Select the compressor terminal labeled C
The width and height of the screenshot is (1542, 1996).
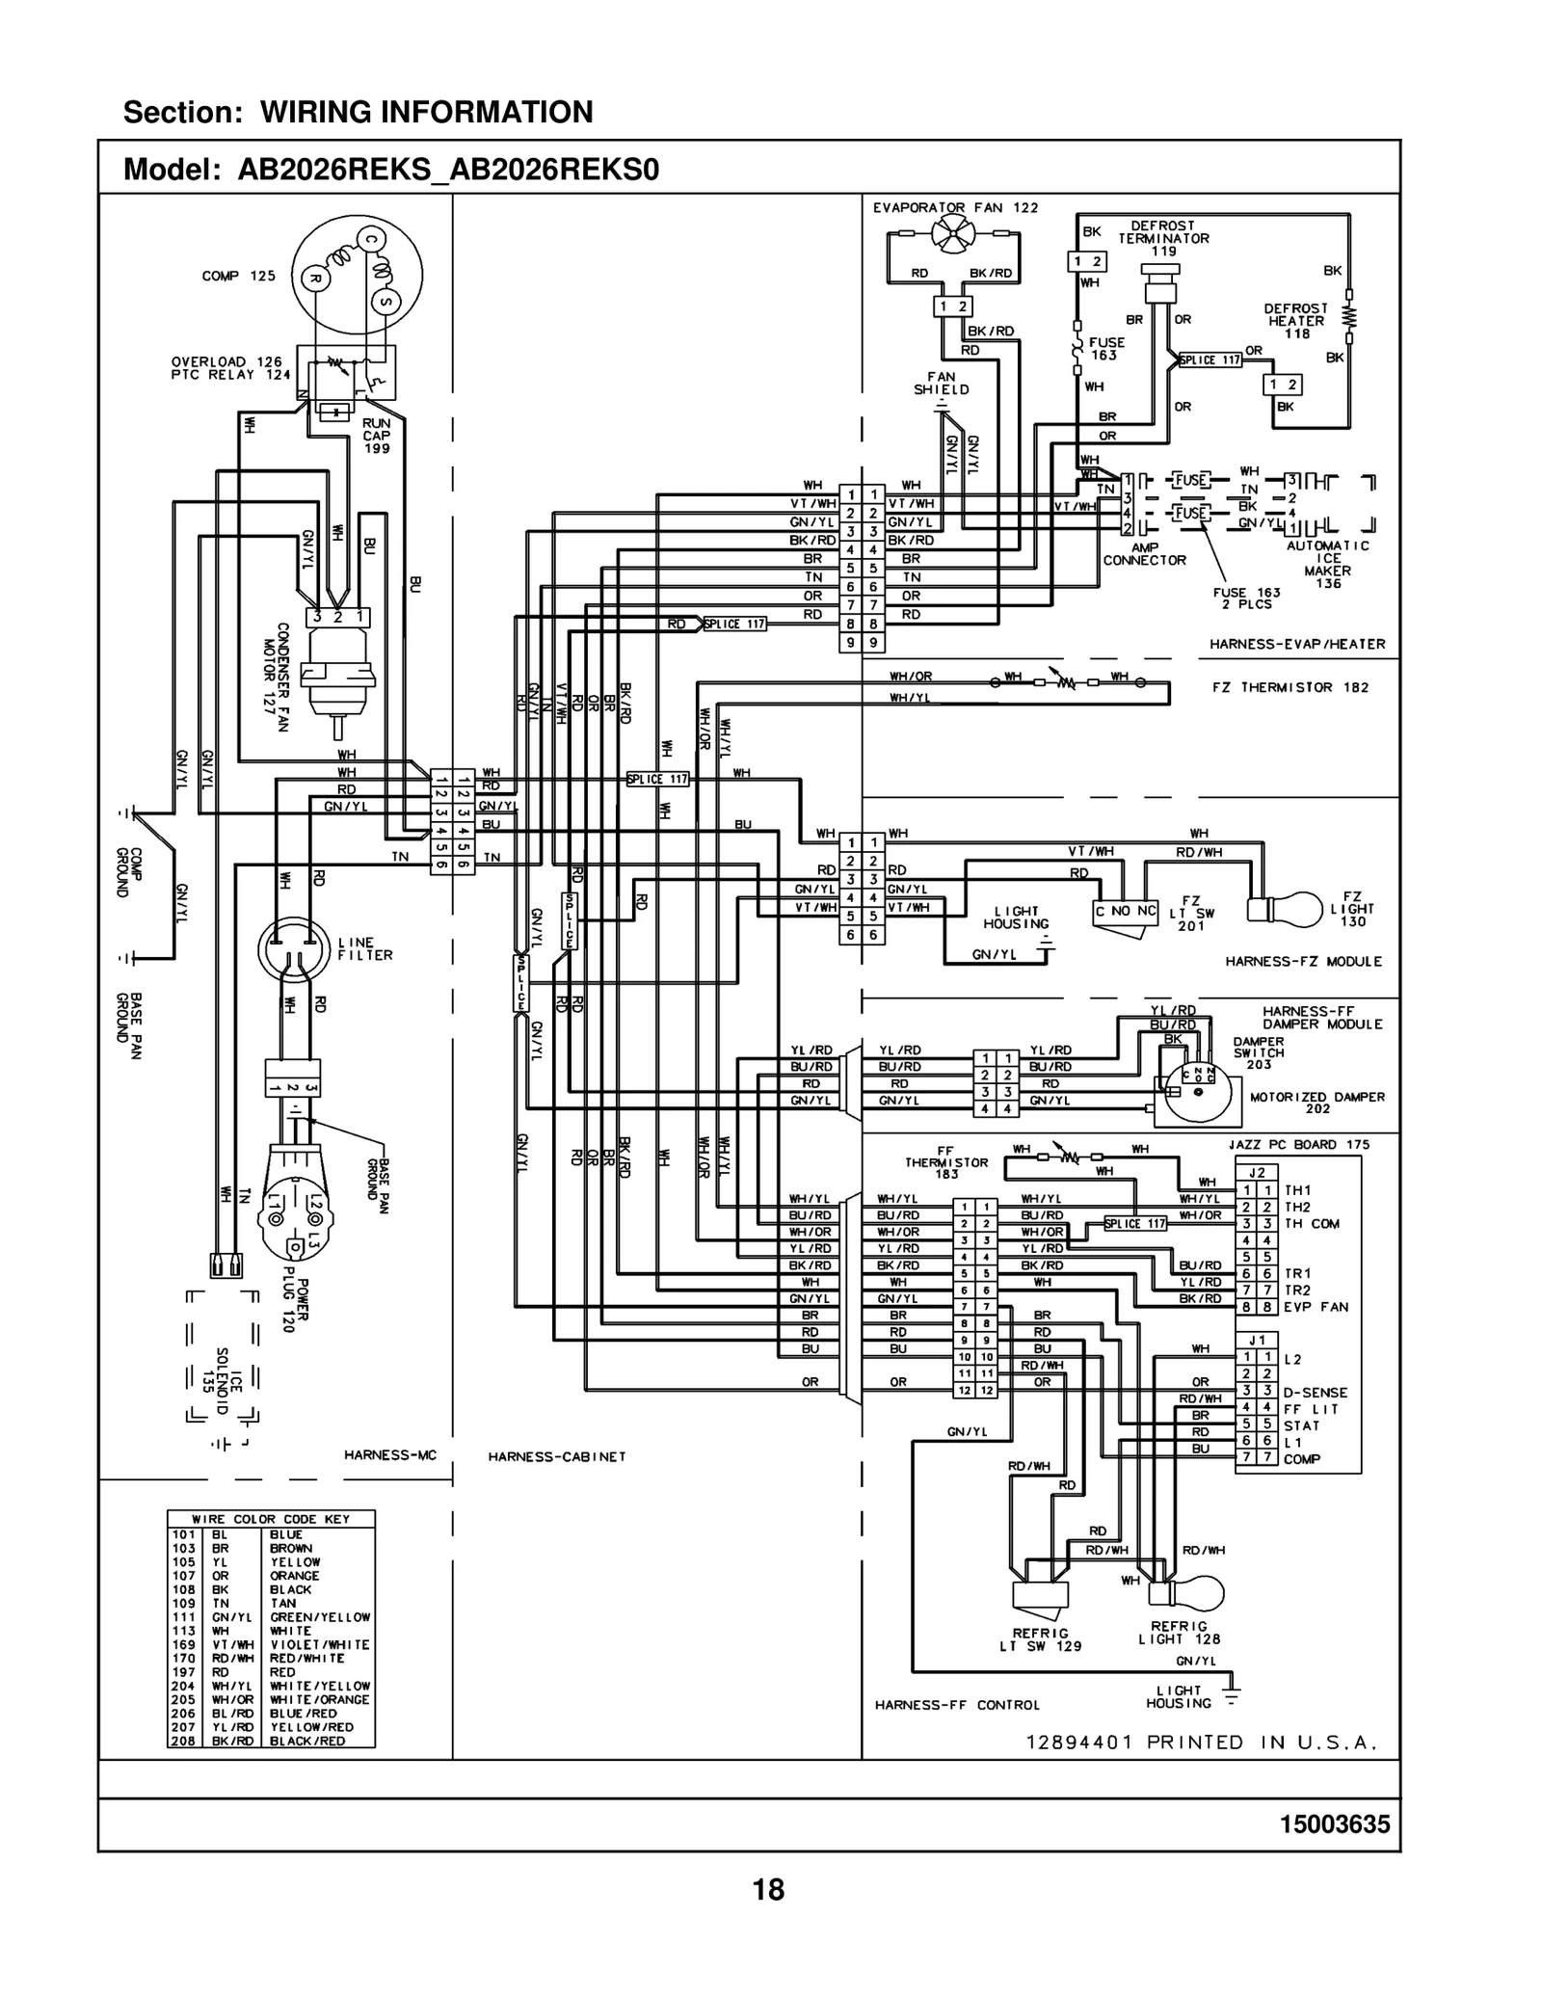click(x=369, y=239)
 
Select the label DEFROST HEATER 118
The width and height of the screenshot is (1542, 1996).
click(x=1296, y=321)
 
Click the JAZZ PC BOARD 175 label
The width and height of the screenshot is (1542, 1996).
click(x=1298, y=1144)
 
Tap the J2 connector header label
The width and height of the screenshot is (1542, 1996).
click(x=1257, y=1173)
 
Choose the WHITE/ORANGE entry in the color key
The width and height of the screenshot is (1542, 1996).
click(x=319, y=1699)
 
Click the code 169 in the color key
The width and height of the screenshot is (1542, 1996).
click(x=183, y=1644)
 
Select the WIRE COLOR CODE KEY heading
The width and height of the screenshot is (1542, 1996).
click(x=271, y=1519)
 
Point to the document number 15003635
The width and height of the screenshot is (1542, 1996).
click(x=1335, y=1824)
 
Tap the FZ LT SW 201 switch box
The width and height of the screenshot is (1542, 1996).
click(x=1125, y=913)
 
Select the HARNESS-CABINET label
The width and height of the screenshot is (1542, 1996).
click(x=557, y=1456)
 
